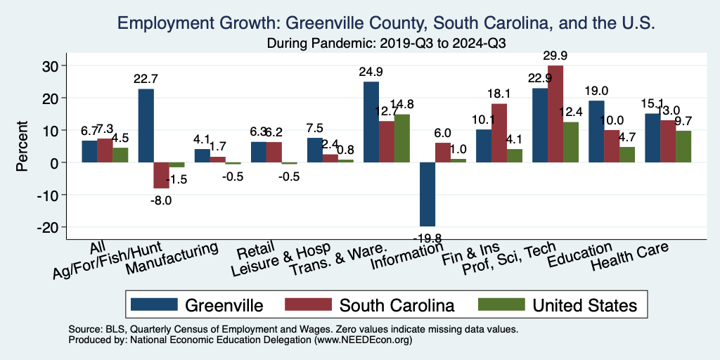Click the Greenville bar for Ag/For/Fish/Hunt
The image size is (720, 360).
(146, 125)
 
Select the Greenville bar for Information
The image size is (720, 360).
(427, 193)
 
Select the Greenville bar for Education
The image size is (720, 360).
(596, 131)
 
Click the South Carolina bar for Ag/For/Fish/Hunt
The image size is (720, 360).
(162, 175)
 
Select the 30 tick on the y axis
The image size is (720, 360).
(57, 66)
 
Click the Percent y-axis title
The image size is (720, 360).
(22, 146)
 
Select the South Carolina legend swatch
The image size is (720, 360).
(307, 304)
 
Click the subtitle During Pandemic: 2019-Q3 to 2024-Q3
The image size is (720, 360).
(387, 43)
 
